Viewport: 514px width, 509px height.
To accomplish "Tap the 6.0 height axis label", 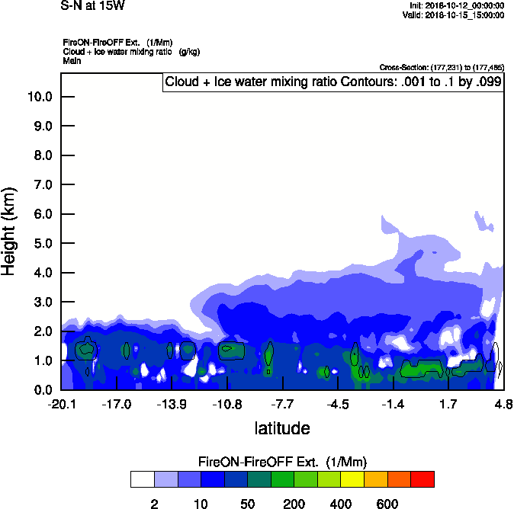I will click(42, 214).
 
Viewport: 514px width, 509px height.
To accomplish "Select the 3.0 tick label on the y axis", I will click(42, 302).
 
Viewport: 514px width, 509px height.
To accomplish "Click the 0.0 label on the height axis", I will click(42, 390).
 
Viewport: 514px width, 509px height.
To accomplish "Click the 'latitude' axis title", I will click(281, 428).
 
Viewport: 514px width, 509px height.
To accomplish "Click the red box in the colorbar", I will click(422, 479).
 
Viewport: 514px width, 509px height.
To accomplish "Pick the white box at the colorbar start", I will click(142, 479).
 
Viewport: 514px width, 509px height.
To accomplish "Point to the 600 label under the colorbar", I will click(387, 504).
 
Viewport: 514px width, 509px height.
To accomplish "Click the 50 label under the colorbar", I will click(247, 504).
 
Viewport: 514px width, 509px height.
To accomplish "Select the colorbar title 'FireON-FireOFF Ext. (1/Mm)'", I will click(282, 462).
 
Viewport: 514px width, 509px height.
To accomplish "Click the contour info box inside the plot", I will click(333, 82).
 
